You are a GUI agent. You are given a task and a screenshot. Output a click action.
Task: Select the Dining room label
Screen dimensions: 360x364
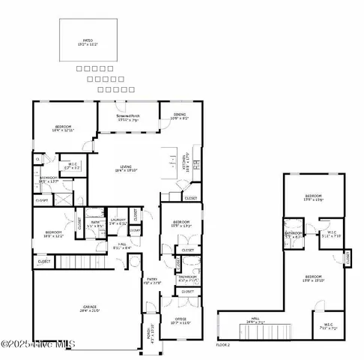point(179,116)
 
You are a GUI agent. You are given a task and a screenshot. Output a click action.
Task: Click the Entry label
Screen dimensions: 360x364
point(152,282)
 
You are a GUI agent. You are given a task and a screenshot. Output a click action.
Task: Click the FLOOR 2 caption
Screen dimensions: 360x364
point(223,346)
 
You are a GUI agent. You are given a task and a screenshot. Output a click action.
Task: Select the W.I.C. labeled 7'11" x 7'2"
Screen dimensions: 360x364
point(329,327)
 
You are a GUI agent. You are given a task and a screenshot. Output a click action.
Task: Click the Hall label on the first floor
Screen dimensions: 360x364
point(122,246)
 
